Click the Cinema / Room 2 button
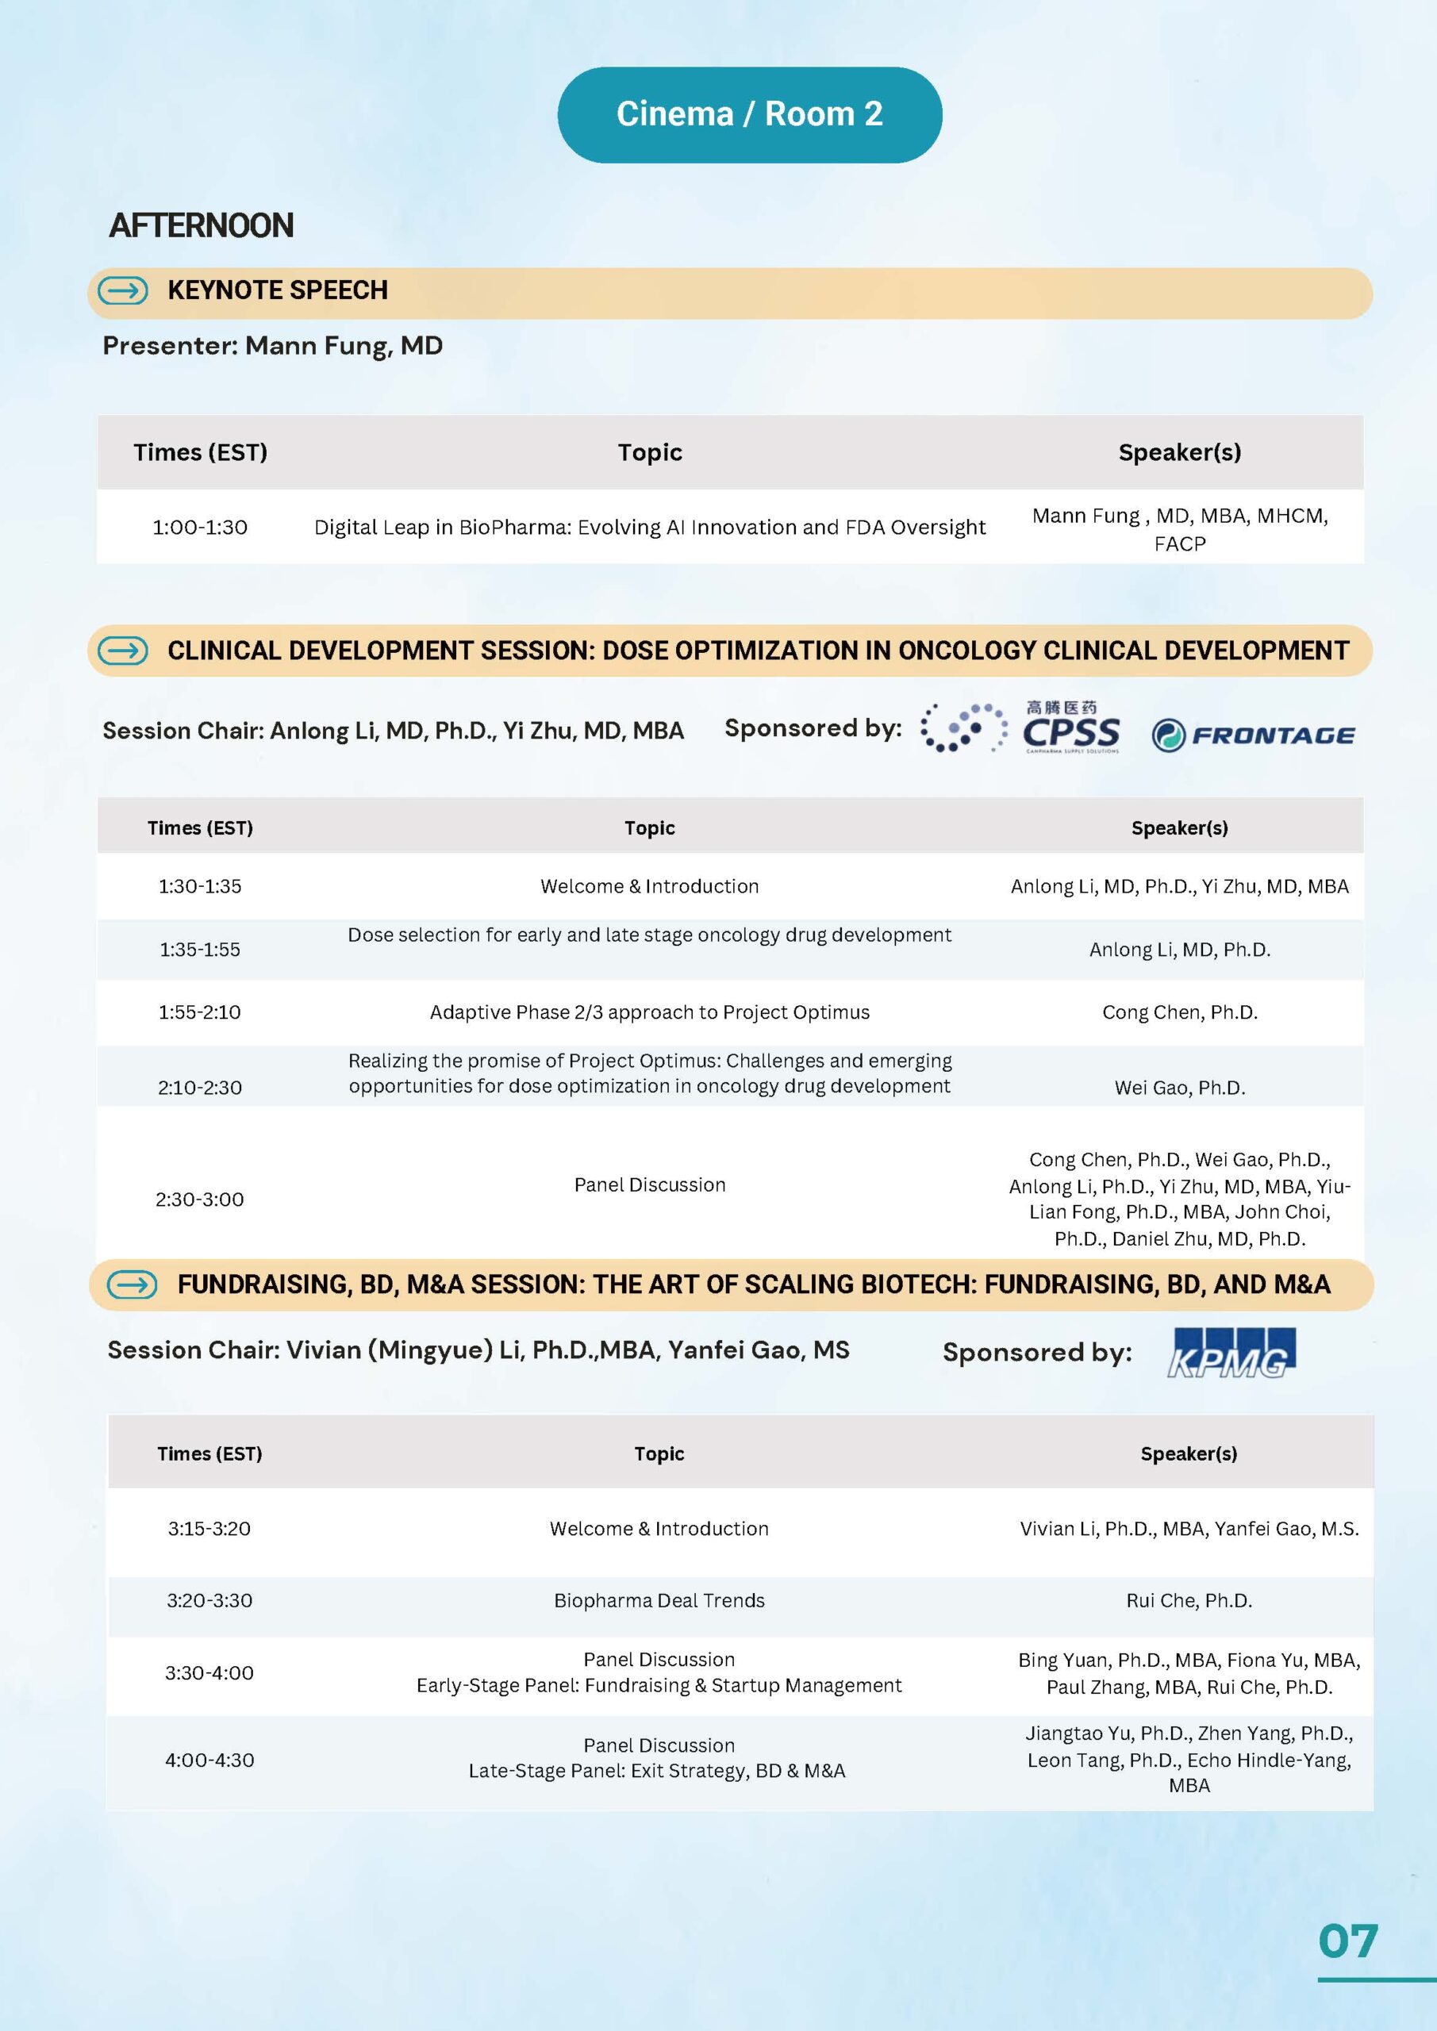(x=750, y=114)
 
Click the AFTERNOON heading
(x=201, y=225)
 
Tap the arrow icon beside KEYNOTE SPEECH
(x=123, y=290)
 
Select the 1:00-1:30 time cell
(x=200, y=528)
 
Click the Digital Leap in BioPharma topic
(x=650, y=528)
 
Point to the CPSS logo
(x=1070, y=730)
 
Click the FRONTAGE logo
(x=1253, y=735)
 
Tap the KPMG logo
(x=1231, y=1353)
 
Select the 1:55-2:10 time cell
(x=200, y=1012)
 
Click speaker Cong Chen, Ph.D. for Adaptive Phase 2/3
(x=1179, y=1012)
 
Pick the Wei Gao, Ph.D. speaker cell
(x=1179, y=1087)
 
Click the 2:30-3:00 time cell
(x=200, y=1200)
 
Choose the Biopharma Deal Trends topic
(x=659, y=1600)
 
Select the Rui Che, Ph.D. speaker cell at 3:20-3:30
(x=1189, y=1600)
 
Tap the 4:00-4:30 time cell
(x=209, y=1760)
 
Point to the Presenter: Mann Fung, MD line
(x=272, y=346)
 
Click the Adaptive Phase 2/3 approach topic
(x=650, y=1012)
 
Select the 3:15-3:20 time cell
(x=209, y=1529)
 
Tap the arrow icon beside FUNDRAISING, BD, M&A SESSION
(x=133, y=1284)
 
